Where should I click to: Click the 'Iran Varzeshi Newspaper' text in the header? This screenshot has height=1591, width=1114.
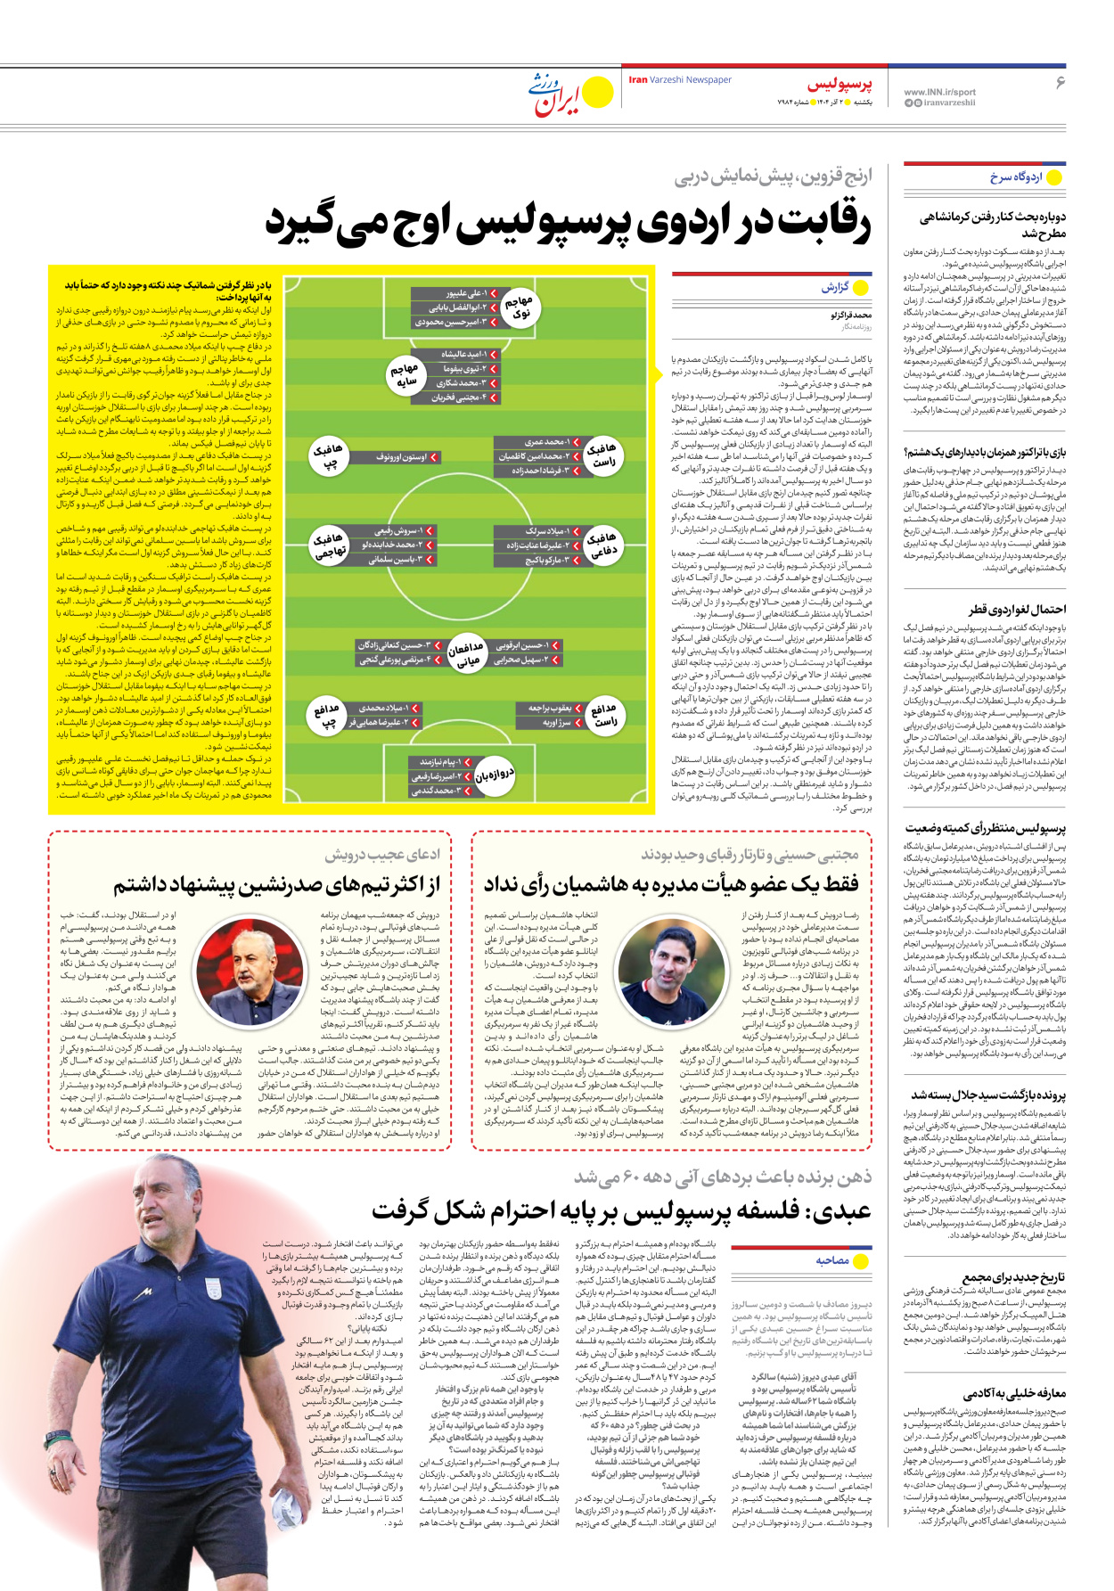pos(680,80)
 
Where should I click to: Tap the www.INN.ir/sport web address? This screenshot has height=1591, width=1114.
pos(939,92)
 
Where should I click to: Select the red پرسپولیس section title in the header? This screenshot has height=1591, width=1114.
pos(840,86)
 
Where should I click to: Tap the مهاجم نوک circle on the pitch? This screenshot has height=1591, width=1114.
pos(519,308)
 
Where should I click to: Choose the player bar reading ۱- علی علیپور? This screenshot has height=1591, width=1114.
pos(455,293)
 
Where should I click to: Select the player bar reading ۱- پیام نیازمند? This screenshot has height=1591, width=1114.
pos(441,762)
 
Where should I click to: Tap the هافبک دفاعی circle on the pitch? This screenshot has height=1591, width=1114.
pos(603,545)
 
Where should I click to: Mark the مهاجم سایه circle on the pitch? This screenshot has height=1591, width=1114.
pos(405,375)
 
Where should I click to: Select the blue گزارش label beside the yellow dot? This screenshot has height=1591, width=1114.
pos(835,288)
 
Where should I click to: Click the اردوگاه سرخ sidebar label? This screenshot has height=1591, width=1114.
pos(1016,177)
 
